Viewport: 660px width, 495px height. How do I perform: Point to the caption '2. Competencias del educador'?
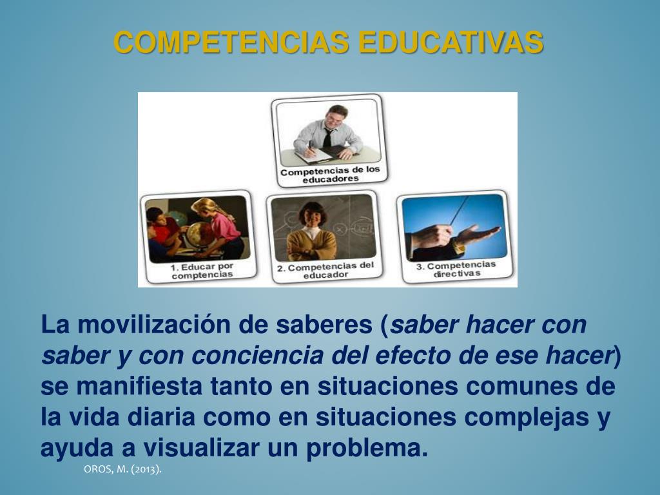click(x=325, y=270)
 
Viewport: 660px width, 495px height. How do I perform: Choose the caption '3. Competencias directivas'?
click(x=456, y=269)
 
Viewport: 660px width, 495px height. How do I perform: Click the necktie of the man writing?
click(x=328, y=137)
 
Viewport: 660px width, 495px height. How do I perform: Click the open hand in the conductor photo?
click(x=480, y=233)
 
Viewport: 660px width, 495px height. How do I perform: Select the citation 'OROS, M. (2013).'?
click(x=122, y=469)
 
